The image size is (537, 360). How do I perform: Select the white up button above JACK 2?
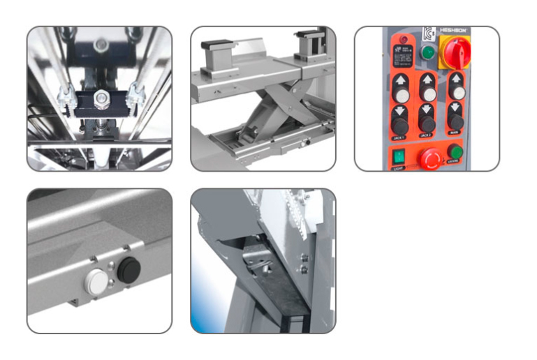427,93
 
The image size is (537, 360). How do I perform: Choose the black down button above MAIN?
457,121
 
